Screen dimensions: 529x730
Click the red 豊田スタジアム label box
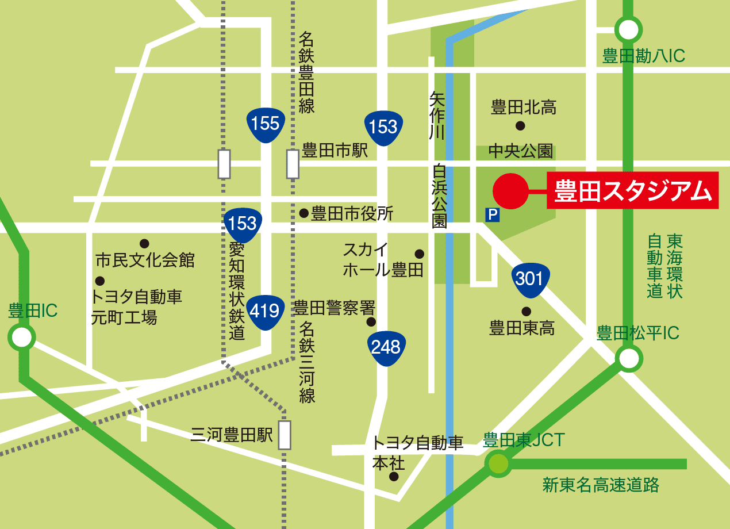click(632, 190)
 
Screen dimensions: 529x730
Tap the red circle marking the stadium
click(510, 191)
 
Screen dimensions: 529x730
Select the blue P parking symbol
click(492, 215)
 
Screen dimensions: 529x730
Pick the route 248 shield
click(386, 347)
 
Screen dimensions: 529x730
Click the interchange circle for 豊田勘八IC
click(628, 29)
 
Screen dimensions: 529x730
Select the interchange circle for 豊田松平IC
click(628, 359)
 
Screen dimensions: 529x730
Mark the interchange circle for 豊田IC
click(21, 338)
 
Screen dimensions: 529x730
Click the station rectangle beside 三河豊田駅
click(285, 435)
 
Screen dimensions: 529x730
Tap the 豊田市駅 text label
click(335, 151)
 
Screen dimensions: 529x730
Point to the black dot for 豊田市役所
click(304, 213)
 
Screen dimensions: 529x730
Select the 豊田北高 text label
click(524, 107)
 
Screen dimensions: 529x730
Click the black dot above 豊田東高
click(526, 312)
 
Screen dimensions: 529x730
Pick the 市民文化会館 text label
click(145, 260)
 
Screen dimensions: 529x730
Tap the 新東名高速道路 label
click(601, 485)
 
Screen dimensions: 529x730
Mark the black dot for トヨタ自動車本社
click(394, 477)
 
